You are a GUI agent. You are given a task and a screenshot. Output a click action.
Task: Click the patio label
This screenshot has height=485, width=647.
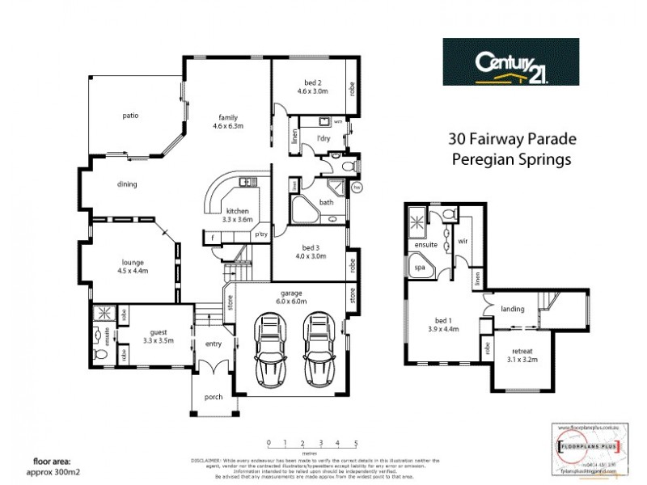tap(130, 116)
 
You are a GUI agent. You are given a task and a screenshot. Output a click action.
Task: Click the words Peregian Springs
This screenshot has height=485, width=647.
tap(510, 159)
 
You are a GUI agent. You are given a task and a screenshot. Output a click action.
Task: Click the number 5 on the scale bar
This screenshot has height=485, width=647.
tap(357, 443)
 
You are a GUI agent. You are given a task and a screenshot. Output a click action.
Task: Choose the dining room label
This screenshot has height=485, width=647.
tap(127, 183)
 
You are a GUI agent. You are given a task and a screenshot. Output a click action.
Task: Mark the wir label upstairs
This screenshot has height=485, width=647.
tap(463, 241)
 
